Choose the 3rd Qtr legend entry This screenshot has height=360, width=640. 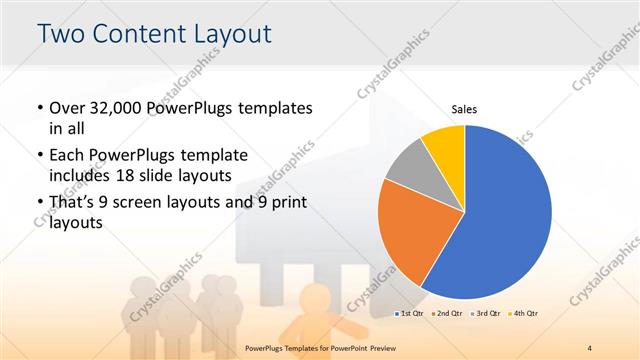[484, 314]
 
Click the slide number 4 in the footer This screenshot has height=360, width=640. [590, 347]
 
